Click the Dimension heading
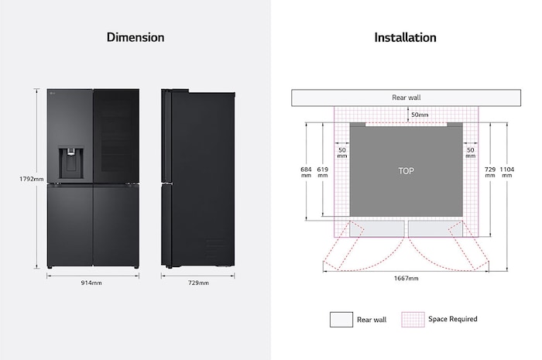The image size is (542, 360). [x=135, y=37]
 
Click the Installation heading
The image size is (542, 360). [x=405, y=37]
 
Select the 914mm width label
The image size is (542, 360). [x=92, y=283]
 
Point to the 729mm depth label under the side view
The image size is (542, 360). [x=198, y=283]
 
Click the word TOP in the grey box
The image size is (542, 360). [x=406, y=170]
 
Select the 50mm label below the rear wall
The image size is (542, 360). [x=419, y=115]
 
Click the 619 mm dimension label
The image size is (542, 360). [x=324, y=172]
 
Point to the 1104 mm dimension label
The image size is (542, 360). [x=506, y=172]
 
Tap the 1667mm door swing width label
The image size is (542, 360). [x=406, y=278]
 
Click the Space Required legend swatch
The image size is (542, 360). [x=412, y=319]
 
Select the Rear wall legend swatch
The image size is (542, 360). [x=340, y=319]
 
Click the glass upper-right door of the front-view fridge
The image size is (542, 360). [x=115, y=135]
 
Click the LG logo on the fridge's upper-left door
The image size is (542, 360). [x=52, y=96]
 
